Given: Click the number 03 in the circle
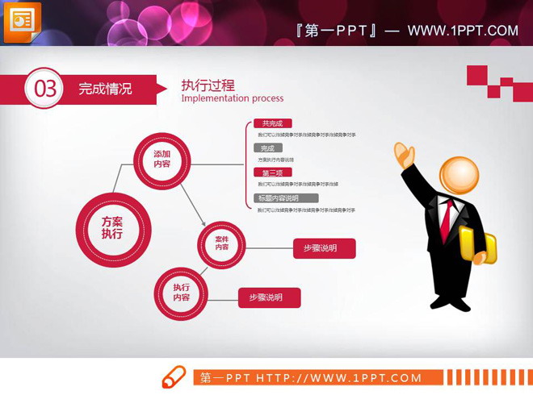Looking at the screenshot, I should click(x=44, y=89).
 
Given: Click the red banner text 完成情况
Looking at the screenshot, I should click(x=105, y=89).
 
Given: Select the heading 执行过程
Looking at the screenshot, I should click(x=208, y=85).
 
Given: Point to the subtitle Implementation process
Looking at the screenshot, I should click(x=233, y=98).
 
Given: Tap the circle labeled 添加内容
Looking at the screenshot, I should click(x=162, y=159).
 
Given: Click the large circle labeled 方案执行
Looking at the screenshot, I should click(x=112, y=227).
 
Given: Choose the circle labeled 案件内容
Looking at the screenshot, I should click(x=221, y=243).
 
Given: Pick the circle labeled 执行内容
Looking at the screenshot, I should click(x=181, y=292).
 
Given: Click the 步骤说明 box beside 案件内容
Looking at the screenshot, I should click(x=324, y=248).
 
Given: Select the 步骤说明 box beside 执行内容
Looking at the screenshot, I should click(x=269, y=297).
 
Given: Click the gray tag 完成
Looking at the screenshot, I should click(x=267, y=148).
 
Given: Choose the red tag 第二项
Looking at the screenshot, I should click(x=272, y=172).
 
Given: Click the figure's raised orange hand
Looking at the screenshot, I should click(x=405, y=154).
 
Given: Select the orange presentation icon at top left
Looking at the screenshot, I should click(x=22, y=22).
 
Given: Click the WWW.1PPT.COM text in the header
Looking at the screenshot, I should click(x=462, y=31).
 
